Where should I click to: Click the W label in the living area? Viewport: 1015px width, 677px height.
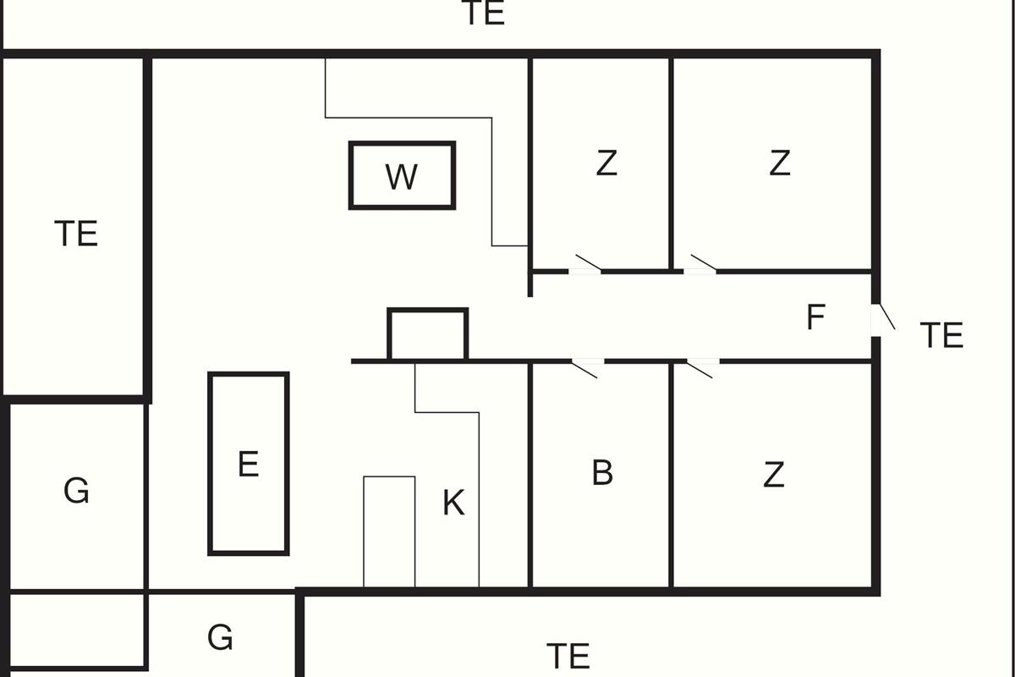401,177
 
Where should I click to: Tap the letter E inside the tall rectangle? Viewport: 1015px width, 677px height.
248,465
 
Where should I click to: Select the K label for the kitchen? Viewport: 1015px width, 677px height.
453,504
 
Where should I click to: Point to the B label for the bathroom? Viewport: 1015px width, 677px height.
601,473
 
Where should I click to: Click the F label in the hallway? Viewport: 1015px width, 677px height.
815,317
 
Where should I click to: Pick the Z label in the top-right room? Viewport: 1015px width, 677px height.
779,162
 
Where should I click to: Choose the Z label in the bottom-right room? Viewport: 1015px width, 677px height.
773,476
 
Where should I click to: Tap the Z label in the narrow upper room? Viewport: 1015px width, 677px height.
606,162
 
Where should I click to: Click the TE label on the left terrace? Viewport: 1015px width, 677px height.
76,234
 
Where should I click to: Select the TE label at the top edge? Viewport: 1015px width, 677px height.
484,14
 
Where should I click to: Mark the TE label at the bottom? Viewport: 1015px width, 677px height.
568,656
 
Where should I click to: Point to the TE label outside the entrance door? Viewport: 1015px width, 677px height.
941,336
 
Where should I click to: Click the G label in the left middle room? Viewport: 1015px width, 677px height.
76,491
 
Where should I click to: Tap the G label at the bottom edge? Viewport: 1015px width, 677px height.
220,637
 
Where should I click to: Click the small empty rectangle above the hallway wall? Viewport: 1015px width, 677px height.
427,335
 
